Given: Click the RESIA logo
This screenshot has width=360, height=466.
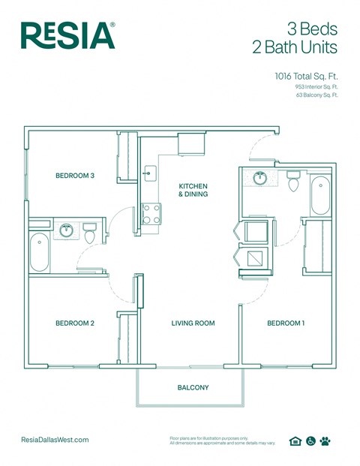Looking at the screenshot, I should pyautogui.click(x=67, y=35).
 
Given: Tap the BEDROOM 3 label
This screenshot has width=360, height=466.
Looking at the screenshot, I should pyautogui.click(x=75, y=176).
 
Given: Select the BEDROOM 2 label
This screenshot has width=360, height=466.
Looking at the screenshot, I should pyautogui.click(x=75, y=323).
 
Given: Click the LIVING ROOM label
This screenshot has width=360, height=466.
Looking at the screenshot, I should pyautogui.click(x=193, y=323).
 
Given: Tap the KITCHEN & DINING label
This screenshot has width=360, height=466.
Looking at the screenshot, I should pyautogui.click(x=193, y=190).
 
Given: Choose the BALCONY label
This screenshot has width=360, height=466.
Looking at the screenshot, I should pyautogui.click(x=193, y=388).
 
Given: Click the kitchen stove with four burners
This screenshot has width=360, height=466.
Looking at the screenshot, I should pyautogui.click(x=152, y=214).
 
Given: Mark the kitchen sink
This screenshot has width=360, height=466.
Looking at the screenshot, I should pyautogui.click(x=149, y=173).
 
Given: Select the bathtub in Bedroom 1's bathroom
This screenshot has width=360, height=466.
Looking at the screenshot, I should pyautogui.click(x=320, y=195).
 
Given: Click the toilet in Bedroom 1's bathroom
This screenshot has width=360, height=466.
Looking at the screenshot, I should pyautogui.click(x=294, y=181).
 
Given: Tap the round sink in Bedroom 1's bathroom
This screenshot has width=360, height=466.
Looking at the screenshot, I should pyautogui.click(x=260, y=179).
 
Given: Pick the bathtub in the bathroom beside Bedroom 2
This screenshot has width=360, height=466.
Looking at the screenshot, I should pyautogui.click(x=39, y=252).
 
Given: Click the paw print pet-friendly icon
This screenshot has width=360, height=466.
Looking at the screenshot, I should pyautogui.click(x=325, y=441).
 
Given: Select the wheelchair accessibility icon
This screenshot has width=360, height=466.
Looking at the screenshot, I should pyautogui.click(x=310, y=441).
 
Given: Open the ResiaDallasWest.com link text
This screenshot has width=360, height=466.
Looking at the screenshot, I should pyautogui.click(x=55, y=440).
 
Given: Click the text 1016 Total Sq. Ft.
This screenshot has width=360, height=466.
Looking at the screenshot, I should pyautogui.click(x=306, y=76).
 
